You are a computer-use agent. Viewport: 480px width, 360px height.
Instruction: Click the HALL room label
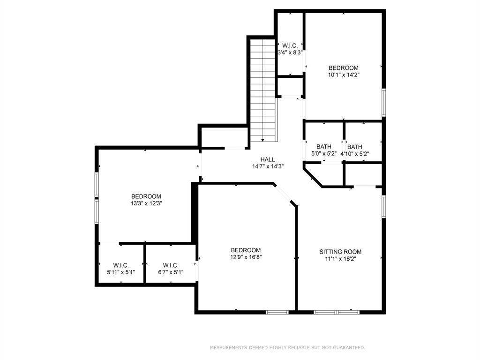point(268,159)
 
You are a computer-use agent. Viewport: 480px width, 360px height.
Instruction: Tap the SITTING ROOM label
point(340,252)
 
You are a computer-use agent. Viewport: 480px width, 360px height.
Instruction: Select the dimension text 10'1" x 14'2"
point(344,75)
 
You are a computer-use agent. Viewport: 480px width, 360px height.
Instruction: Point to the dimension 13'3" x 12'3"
point(146,203)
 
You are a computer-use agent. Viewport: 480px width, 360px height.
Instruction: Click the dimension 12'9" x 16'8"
point(246,257)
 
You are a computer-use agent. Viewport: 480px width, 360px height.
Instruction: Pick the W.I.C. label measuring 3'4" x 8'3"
point(290,45)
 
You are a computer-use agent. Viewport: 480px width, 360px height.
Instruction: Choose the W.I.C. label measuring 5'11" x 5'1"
point(121,265)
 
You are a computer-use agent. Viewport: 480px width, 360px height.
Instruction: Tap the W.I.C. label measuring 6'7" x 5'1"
point(171,265)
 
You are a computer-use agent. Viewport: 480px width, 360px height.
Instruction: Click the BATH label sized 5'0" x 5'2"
point(324,147)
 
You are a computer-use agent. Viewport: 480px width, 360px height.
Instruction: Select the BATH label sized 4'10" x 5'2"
point(354,147)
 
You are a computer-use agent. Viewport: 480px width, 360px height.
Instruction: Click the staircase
point(262,90)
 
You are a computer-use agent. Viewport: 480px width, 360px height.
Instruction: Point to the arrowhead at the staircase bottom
point(262,140)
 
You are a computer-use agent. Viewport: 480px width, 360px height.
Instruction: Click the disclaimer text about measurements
point(287,347)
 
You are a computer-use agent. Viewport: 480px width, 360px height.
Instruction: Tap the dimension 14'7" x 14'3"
point(268,166)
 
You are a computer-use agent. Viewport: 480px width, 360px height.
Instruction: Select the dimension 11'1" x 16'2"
point(340,259)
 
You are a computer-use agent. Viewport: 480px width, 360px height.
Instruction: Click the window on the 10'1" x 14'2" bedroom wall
point(383,103)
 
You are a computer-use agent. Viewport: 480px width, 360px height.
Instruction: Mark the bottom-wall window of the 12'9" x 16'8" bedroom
point(277,312)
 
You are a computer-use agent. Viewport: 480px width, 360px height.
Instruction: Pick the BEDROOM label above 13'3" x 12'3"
point(146,196)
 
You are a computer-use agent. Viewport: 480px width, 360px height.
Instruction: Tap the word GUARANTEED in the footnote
point(349,347)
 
